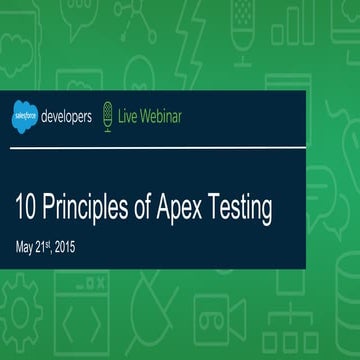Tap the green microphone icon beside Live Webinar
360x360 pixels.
point(111,117)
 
